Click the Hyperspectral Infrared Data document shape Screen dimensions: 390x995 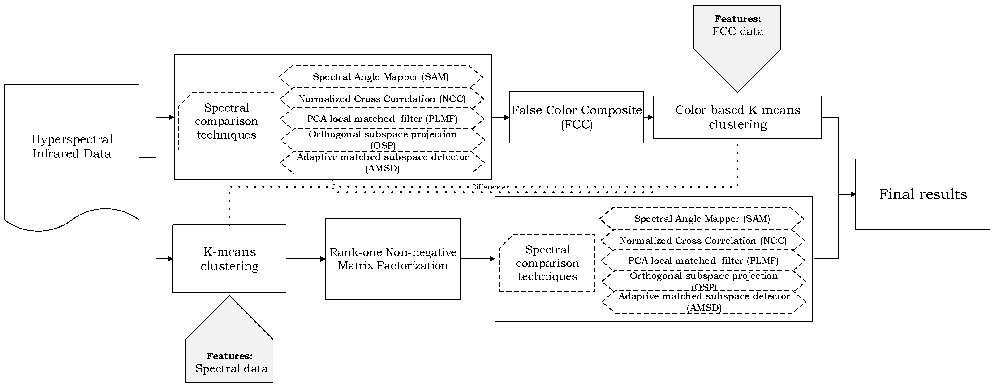72,147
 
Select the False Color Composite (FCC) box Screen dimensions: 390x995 576,117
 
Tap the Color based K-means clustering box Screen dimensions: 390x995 737,117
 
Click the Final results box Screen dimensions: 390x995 923,194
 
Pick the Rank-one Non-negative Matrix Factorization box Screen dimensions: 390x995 392,259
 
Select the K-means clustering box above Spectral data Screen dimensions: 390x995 229,259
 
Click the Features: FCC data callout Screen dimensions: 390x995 737,39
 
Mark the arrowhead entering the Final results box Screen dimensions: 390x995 853,194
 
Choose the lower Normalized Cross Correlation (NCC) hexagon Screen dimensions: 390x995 703,241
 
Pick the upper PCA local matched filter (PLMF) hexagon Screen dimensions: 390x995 382,119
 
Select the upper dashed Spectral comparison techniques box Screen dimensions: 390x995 226,121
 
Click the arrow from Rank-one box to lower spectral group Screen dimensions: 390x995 477,259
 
